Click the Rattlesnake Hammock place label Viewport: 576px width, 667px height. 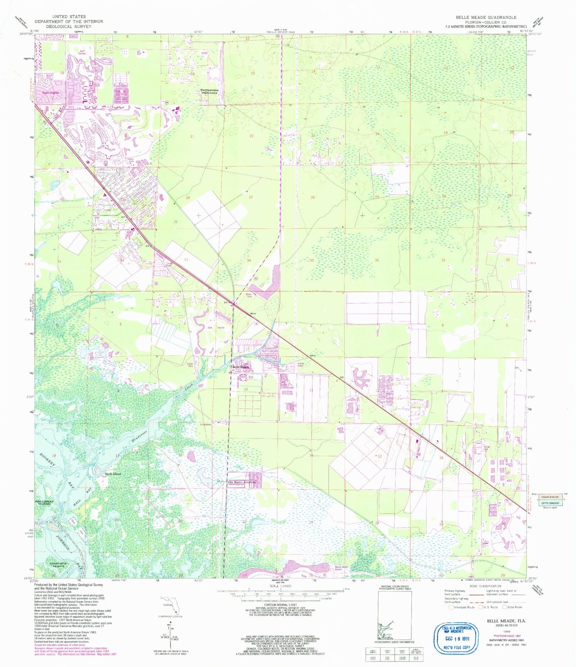[209, 91]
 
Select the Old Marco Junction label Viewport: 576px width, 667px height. [241, 482]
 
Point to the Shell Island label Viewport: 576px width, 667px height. [112, 474]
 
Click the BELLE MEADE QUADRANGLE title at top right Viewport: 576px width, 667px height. [486, 17]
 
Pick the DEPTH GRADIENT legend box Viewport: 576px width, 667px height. [550, 503]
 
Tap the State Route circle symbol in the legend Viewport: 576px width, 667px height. [504, 607]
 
